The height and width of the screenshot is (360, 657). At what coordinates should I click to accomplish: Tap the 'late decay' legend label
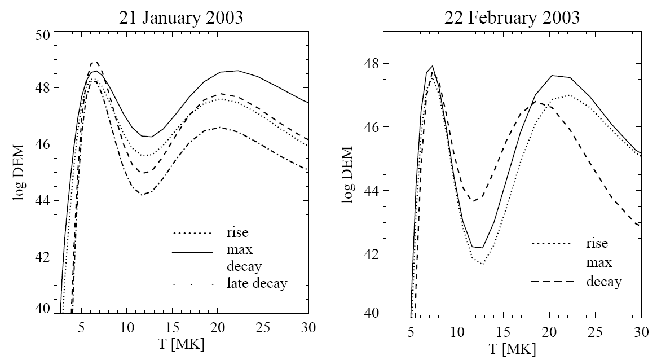[257, 283]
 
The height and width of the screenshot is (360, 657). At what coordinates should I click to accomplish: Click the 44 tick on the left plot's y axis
[43, 201]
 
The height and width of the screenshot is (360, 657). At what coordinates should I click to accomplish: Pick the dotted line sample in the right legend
[552, 244]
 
